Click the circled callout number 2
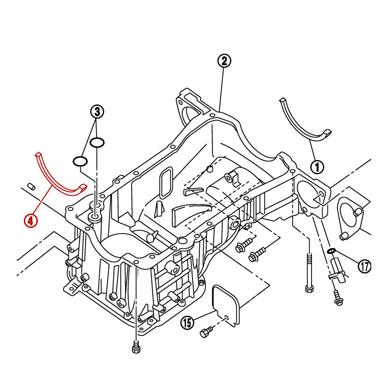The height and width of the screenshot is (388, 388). point(224,61)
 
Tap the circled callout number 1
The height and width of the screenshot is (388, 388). point(317,167)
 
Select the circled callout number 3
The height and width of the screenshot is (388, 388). point(97,112)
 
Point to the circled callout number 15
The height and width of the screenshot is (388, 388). point(187,322)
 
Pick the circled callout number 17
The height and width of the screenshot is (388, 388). point(364,266)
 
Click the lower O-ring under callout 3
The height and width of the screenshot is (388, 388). point(80,161)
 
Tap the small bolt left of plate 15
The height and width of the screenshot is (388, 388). point(206,332)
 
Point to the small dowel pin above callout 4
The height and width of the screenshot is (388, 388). point(31,186)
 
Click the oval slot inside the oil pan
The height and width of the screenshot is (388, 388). point(167,182)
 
